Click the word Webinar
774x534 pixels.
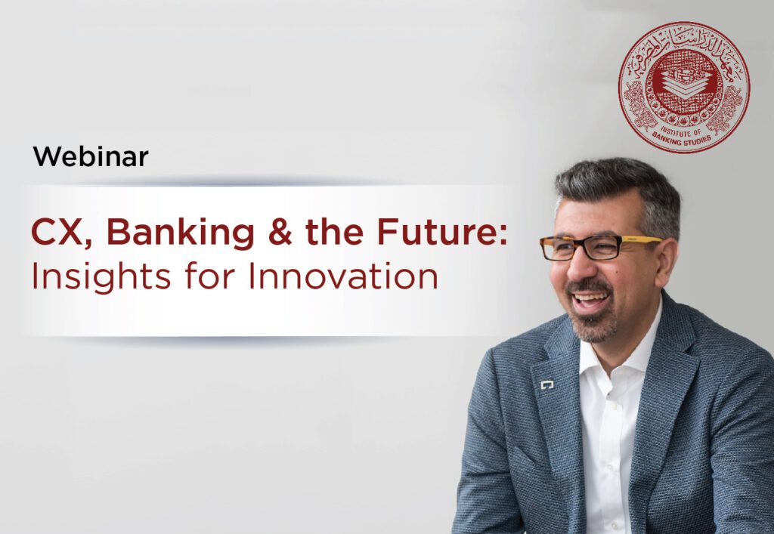pos(90,157)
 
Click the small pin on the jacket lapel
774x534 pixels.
pos(547,385)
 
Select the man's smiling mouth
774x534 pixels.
pos(590,301)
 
